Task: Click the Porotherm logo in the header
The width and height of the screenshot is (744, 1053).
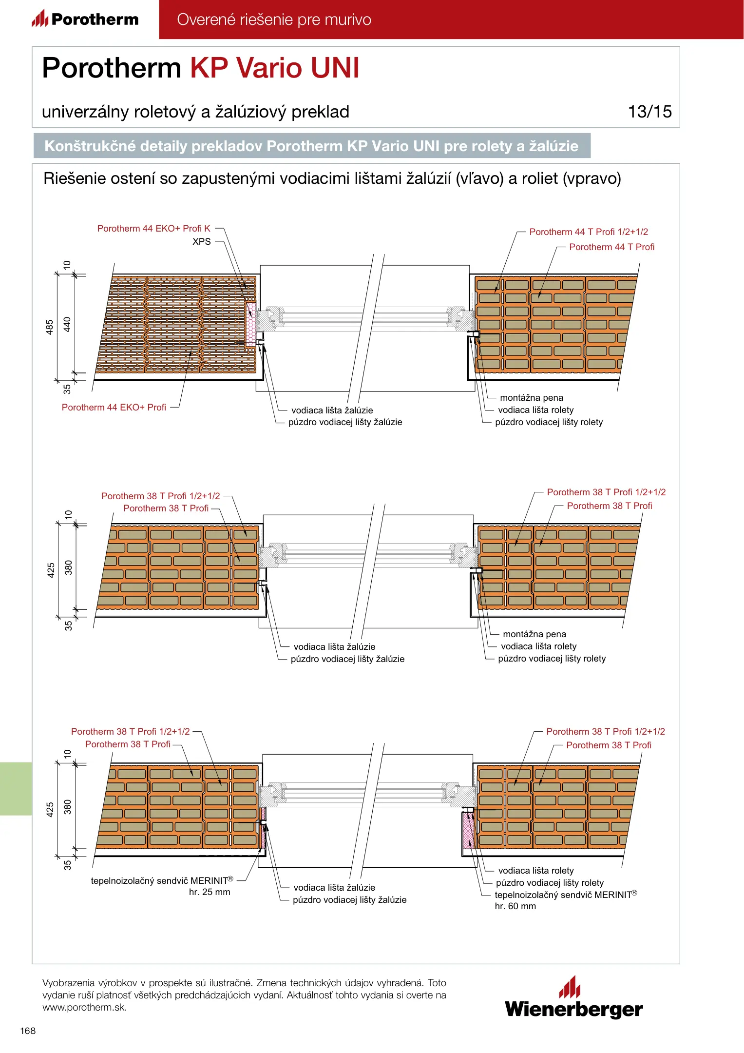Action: point(85,19)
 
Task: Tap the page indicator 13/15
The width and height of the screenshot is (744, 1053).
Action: point(649,112)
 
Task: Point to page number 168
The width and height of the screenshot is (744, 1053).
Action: point(28,1031)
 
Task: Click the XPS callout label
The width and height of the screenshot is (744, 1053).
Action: point(202,242)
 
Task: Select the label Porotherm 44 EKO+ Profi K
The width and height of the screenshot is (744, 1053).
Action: point(154,229)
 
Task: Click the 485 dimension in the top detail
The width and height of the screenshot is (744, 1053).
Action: point(50,327)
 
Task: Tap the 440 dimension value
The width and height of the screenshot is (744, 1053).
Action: point(67,324)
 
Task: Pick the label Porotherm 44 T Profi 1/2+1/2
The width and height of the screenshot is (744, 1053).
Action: point(589,232)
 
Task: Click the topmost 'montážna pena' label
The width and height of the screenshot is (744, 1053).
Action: point(532,398)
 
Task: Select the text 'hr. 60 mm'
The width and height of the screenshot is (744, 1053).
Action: point(515,906)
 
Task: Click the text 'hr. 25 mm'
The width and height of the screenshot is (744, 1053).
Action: point(210,892)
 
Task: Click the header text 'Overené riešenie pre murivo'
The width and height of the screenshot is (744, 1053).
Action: point(274,19)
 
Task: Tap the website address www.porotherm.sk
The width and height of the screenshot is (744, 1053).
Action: point(84,1008)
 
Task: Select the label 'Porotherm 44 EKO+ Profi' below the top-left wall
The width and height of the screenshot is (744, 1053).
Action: point(114,408)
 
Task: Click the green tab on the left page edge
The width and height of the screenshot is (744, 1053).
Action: point(16,788)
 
